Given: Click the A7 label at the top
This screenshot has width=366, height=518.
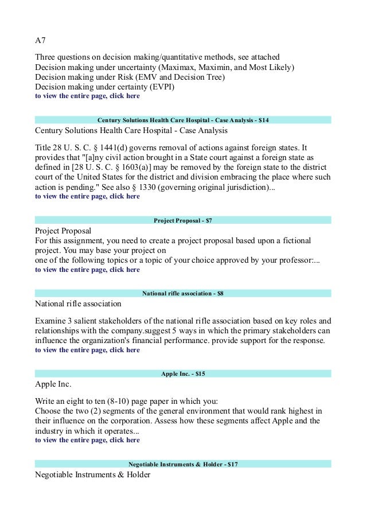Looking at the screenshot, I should [41, 41].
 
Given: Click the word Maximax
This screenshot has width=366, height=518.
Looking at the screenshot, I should [178, 68].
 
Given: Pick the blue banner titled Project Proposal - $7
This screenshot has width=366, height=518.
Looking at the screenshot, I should [183, 220].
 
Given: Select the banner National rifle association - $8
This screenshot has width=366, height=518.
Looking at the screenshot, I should [183, 293].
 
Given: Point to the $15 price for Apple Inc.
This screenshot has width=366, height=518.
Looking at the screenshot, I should [200, 373].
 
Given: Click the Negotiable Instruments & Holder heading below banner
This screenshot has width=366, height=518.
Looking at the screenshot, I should [92, 474].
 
